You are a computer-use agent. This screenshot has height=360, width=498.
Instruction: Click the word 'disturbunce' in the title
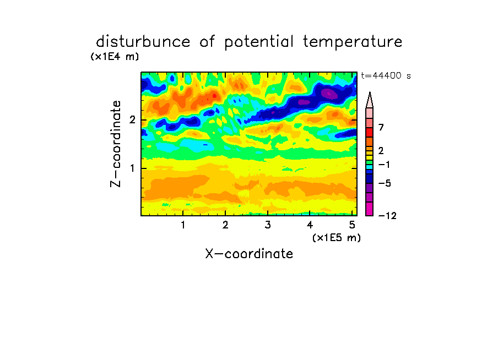click(x=143, y=42)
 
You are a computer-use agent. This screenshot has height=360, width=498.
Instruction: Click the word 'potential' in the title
click(x=259, y=42)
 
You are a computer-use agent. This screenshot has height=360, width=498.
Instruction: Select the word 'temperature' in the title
click(x=353, y=42)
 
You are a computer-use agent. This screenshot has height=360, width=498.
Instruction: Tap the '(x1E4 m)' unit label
click(x=115, y=57)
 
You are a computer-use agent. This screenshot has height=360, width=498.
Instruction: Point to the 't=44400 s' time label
click(x=386, y=75)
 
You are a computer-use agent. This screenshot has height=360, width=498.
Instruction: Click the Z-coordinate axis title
click(x=116, y=144)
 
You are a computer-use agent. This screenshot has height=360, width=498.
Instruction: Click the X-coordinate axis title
click(x=249, y=254)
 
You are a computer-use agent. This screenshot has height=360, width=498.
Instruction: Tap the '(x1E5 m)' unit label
click(x=337, y=238)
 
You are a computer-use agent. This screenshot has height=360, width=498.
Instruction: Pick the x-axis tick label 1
click(x=183, y=225)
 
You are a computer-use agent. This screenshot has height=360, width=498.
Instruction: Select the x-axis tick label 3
click(x=268, y=225)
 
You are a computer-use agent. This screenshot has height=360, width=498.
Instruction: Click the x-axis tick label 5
click(x=352, y=225)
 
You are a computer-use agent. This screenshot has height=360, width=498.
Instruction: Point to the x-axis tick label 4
click(x=310, y=225)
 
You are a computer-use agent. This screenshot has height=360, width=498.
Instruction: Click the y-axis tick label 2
click(x=132, y=120)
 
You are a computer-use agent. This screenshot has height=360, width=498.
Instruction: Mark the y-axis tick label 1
click(x=132, y=168)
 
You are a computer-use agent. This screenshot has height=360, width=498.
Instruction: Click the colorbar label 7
click(x=381, y=128)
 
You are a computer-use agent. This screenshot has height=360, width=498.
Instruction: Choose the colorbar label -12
click(x=387, y=216)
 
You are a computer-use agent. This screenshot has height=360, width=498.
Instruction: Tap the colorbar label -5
click(x=385, y=183)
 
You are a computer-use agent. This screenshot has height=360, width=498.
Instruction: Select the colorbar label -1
click(x=383, y=165)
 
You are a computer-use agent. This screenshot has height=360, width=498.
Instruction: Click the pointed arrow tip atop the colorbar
click(x=370, y=92)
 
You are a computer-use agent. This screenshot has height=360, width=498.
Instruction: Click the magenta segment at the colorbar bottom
click(x=370, y=209)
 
